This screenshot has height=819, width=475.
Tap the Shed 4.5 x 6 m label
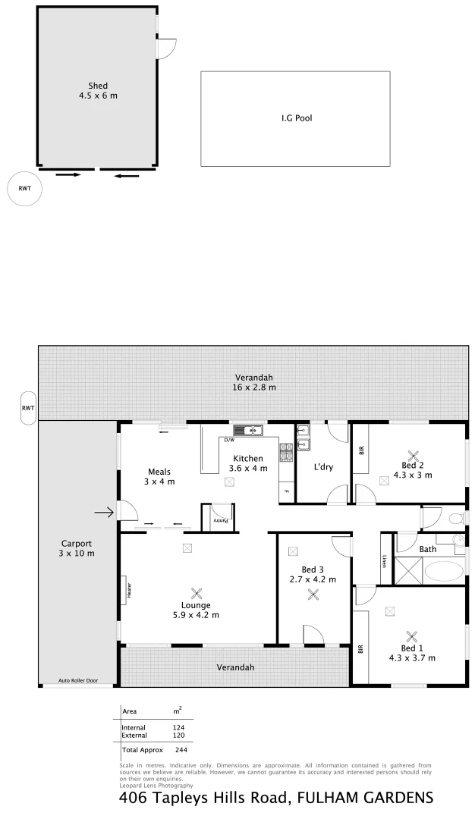coord(98,91)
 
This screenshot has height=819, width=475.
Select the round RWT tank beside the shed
coord(25,189)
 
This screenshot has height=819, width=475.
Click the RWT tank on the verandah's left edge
coord(28,408)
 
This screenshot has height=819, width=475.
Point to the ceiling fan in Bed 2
coord(413,456)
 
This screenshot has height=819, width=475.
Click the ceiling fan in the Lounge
coord(197,595)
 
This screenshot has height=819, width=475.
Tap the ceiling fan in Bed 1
coord(412,637)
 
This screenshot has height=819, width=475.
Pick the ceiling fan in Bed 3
coord(313,595)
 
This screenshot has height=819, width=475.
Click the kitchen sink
coord(248,431)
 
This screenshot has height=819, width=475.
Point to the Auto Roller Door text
coord(79,682)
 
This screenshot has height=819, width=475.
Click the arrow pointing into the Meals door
coord(104,513)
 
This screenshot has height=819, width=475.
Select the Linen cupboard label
coord(385,562)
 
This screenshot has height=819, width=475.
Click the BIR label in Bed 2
coord(361,450)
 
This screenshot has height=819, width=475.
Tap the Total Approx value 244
coord(181,749)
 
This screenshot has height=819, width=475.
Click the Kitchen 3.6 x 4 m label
coord(248,463)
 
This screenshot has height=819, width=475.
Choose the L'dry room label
coord(323,466)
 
